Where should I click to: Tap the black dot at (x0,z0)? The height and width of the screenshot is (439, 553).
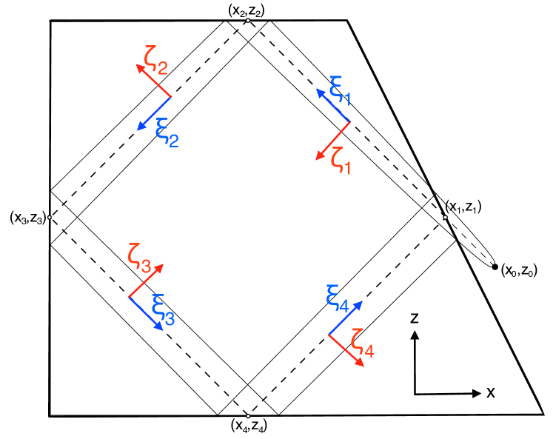pos(495,267)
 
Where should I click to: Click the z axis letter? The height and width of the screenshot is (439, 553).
pos(415,318)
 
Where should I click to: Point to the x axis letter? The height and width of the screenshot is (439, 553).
pos(490,392)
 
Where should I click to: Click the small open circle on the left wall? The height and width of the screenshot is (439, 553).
pos(49,218)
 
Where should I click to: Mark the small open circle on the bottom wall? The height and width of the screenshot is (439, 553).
pos(248,416)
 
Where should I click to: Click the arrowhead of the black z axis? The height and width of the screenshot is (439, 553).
pos(415,335)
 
